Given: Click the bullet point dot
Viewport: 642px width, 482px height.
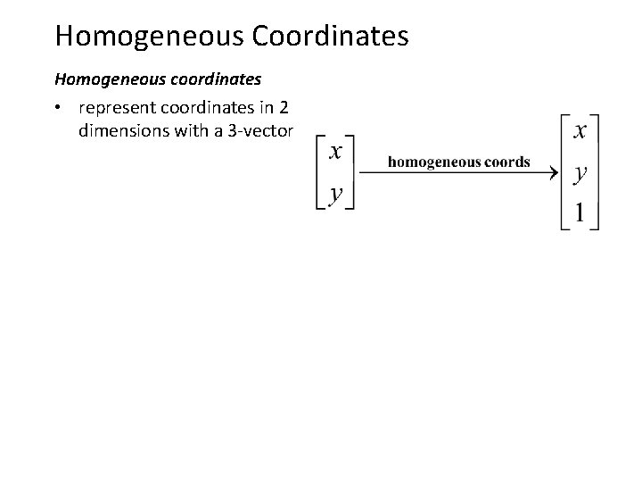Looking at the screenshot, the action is click(57, 109).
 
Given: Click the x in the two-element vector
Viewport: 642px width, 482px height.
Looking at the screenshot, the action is click(335, 153).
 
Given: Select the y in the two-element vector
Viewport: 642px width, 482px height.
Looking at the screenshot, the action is click(335, 192).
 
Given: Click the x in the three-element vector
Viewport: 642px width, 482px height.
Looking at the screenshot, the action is click(580, 131).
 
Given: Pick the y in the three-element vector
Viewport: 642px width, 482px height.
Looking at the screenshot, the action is click(580, 174).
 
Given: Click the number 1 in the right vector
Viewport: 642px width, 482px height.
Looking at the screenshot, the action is click(580, 214).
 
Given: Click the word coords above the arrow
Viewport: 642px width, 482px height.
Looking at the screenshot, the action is click(506, 162).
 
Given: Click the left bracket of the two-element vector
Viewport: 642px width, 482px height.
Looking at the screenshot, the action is click(319, 172).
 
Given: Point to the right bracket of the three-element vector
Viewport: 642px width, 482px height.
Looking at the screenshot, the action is click(596, 172).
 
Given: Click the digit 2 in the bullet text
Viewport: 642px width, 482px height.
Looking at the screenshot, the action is click(284, 109).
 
